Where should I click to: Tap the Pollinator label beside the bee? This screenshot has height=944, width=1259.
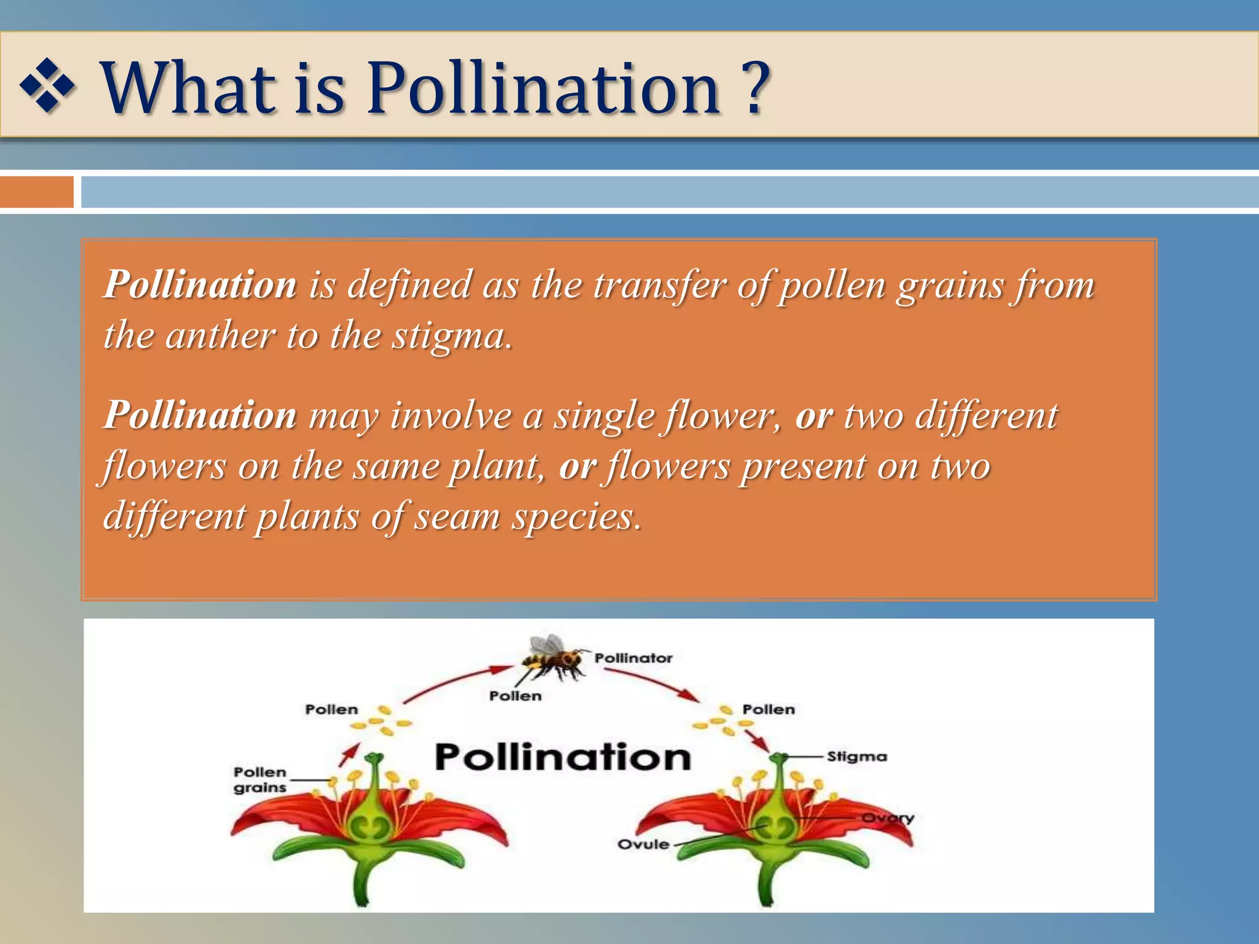(633, 658)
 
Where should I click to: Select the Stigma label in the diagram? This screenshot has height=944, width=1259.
(856, 757)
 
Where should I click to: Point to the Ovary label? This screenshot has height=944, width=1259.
(888, 818)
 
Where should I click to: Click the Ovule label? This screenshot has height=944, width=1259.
(643, 844)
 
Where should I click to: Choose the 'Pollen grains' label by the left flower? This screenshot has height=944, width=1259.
(260, 780)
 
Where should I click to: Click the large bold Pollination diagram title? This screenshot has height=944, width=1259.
(563, 757)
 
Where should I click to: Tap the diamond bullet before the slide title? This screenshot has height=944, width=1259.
(48, 86)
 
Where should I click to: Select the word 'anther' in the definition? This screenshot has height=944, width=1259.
(219, 336)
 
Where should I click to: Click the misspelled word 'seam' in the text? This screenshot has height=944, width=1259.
(456, 516)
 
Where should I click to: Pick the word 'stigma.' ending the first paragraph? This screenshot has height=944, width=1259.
(452, 337)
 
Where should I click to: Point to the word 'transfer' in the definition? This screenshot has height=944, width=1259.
(659, 285)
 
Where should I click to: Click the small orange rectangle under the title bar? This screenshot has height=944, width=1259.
(36, 192)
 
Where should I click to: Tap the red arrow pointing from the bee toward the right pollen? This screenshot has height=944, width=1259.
(652, 684)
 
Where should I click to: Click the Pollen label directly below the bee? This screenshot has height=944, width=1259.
(515, 696)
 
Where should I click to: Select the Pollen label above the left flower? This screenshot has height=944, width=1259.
(331, 710)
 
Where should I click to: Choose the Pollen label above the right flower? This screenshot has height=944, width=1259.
(768, 710)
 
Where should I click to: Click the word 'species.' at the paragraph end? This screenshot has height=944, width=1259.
(577, 516)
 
